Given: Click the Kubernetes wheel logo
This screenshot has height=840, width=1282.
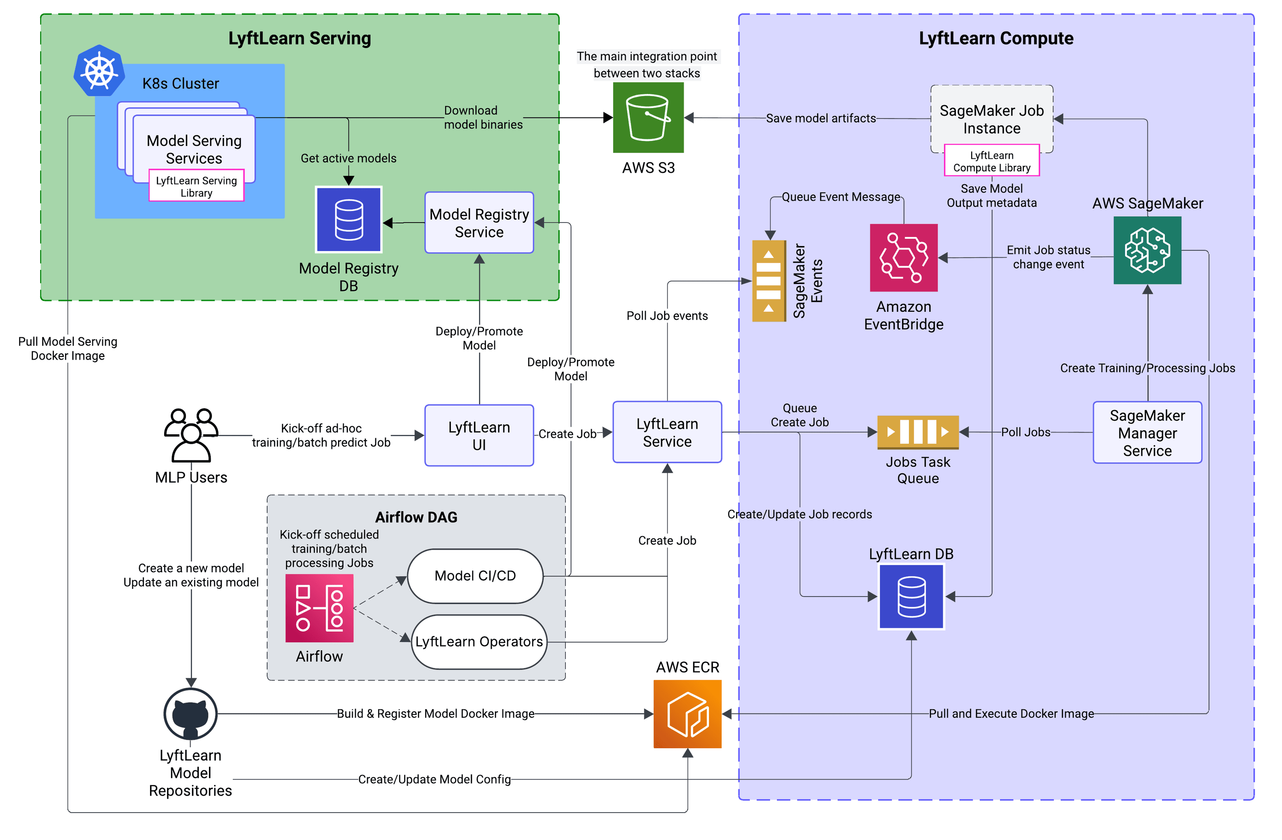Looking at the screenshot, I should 99,71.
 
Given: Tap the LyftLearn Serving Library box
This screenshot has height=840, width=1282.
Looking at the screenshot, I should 196,186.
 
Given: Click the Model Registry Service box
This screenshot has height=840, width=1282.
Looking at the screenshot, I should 479,222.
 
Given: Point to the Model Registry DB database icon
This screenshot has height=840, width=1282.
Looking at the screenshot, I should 349,220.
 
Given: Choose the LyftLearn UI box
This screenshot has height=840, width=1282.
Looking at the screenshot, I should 479,436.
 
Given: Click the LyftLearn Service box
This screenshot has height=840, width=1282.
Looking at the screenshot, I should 667,433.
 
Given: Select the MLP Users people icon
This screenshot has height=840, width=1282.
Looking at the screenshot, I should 191,435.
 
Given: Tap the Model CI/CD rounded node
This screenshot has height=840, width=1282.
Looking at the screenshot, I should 475,576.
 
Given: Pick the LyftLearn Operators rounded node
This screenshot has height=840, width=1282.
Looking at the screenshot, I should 479,642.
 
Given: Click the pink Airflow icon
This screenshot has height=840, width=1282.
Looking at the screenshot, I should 319,608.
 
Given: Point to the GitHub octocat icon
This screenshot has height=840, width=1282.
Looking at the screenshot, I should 190,714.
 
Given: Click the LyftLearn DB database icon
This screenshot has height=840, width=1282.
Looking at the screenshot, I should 912,597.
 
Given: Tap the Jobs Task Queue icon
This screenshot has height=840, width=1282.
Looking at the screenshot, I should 918,432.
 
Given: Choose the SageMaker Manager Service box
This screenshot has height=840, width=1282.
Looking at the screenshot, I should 1147,433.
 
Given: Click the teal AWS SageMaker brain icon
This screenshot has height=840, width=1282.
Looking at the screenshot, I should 1147,250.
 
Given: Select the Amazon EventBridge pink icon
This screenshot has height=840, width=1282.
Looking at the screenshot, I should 904,258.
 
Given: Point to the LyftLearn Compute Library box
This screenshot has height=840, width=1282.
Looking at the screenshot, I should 992,161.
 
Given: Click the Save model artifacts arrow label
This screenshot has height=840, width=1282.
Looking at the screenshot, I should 821,118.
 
